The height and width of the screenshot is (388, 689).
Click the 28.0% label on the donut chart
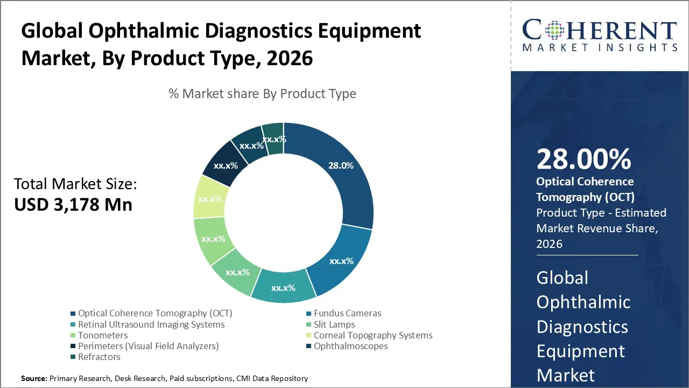[341, 165]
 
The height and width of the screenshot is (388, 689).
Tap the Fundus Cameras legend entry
[347, 313]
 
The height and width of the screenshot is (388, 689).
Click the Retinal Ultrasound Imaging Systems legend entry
[151, 324]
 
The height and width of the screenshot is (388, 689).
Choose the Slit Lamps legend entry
[334, 324]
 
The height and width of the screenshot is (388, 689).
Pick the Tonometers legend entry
[103, 335]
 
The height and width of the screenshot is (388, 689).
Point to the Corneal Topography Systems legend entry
[373, 335]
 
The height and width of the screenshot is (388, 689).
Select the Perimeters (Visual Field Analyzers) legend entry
[148, 346]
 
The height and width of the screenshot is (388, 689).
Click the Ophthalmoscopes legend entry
[350, 346]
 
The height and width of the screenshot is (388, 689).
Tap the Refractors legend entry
[99, 357]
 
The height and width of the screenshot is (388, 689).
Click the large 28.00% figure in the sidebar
[583, 160]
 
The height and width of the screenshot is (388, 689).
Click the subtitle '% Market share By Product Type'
[262, 94]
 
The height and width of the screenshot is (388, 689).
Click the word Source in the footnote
[34, 379]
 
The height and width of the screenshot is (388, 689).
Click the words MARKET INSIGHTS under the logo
[599, 47]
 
